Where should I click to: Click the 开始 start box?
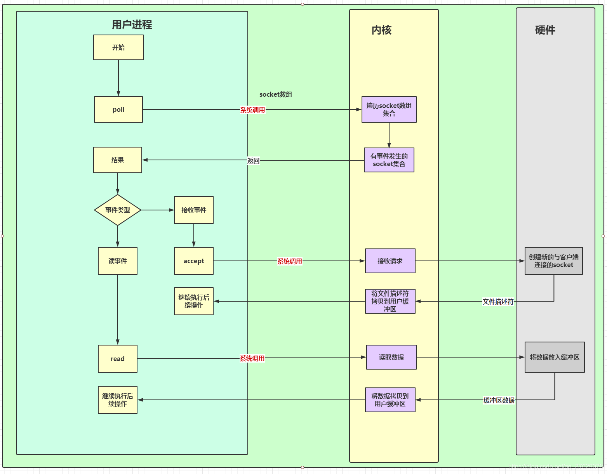[118, 47]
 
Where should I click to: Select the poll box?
[118, 109]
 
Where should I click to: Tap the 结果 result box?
[118, 160]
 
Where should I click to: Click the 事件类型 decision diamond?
[118, 210]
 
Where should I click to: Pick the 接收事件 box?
[194, 210]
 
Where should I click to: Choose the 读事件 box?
[118, 261]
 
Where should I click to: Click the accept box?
[194, 261]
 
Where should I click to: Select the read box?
[118, 359]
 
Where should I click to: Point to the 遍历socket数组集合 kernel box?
[389, 109]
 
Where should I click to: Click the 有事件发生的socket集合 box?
[389, 160]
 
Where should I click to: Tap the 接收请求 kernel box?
[390, 261]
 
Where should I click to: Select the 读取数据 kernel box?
[391, 357]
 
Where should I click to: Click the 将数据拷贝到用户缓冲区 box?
[390, 400]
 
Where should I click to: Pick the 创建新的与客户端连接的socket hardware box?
[553, 261]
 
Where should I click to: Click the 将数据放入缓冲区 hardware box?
[554, 357]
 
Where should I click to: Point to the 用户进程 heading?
[132, 25]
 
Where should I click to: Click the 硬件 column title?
[545, 30]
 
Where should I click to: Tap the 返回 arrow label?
[253, 161]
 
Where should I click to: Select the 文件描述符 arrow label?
[498, 302]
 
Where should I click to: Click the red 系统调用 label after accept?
[289, 261]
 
